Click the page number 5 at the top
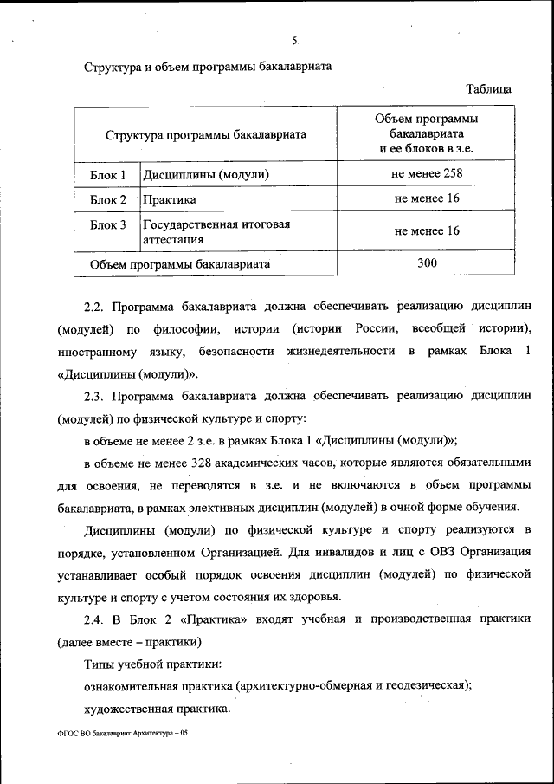coord(294,41)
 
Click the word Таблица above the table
coord(488,89)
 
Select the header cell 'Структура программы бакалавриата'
coord(206,135)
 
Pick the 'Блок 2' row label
coord(108,200)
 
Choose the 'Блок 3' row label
coord(108,225)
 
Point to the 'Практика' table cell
coord(170,200)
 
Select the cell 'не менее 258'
coord(427,174)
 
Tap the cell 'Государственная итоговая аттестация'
coord(216,231)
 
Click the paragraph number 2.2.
coord(93,307)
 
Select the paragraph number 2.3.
coord(93,396)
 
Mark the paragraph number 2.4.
coord(93,619)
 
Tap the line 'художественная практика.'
coord(157,709)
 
